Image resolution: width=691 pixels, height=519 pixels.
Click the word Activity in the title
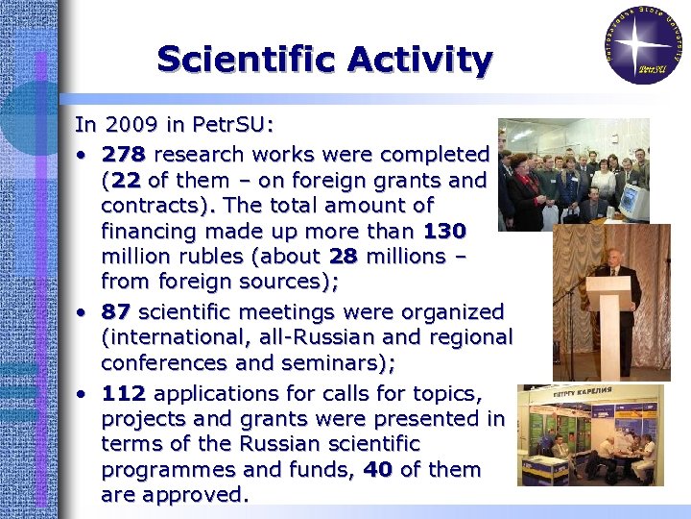(x=420, y=60)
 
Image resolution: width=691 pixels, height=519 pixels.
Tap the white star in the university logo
(x=642, y=42)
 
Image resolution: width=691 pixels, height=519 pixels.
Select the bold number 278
(x=124, y=155)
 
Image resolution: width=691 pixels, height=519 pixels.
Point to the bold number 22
(x=129, y=180)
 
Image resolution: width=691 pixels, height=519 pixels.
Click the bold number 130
(x=444, y=231)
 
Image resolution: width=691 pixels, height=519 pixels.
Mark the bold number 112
(x=124, y=393)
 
